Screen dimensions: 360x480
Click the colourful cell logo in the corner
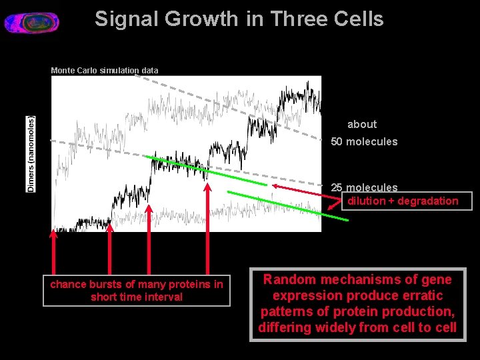pos(31,22)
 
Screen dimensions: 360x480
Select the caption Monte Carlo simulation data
pos(105,70)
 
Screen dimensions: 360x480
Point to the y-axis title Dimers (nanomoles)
pos(31,154)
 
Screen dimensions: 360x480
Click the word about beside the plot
pos(362,124)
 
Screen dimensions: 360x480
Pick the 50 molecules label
pos(364,141)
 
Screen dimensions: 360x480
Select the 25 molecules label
pos(364,187)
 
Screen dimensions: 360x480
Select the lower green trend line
pos(287,205)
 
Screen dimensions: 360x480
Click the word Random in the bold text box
pos(287,279)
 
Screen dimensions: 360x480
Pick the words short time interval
pos(136,297)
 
